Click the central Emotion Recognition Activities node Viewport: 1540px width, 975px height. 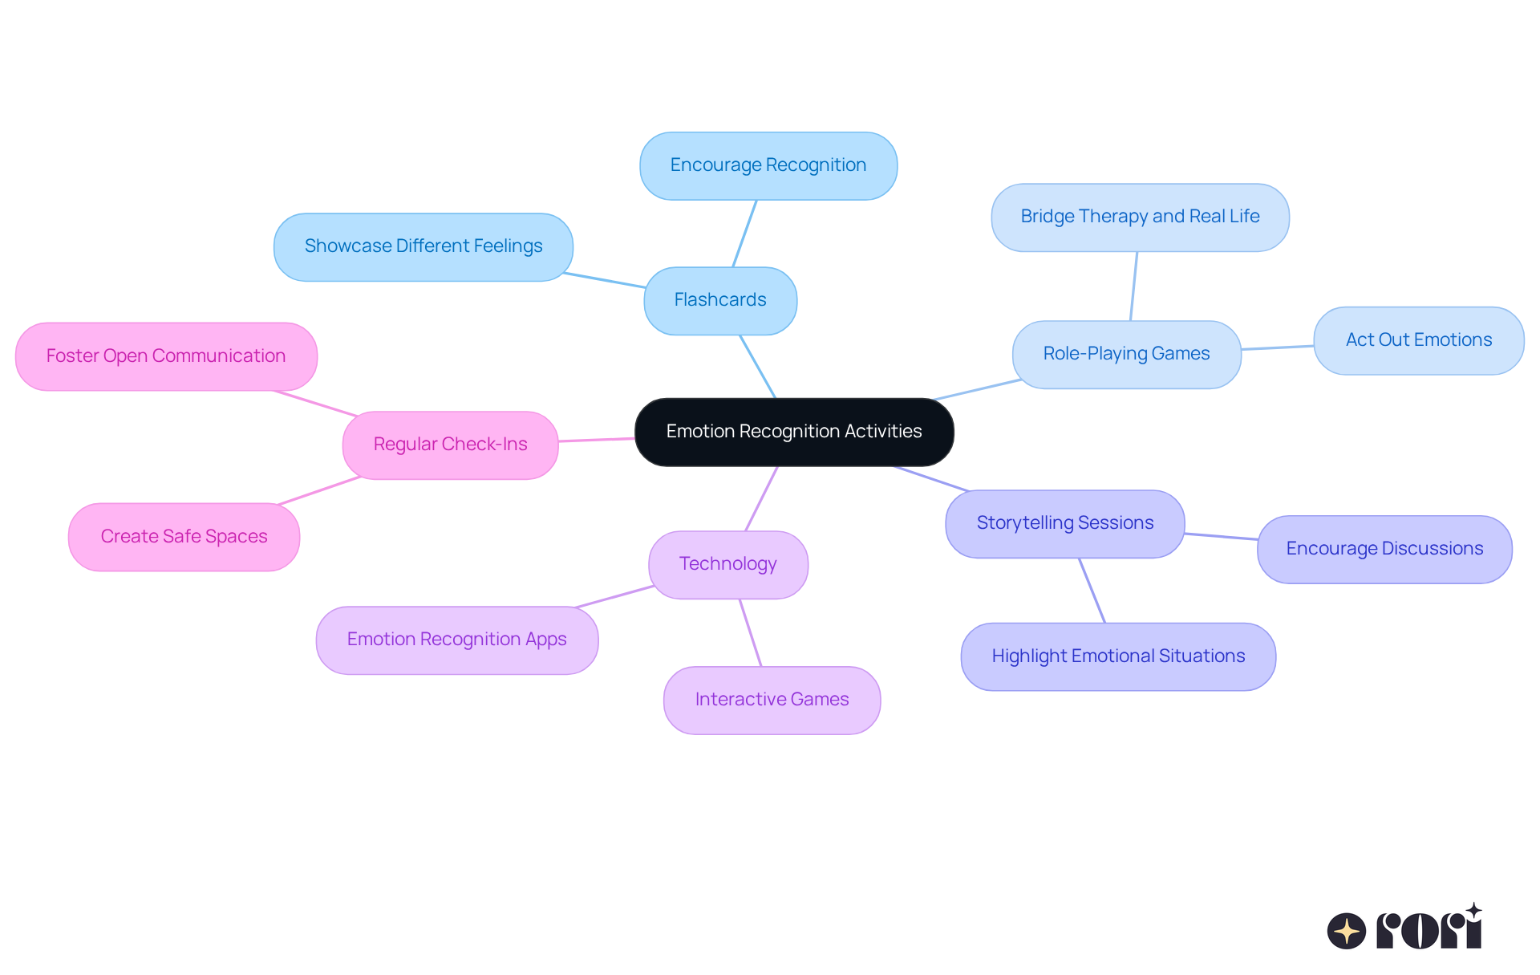pos(794,432)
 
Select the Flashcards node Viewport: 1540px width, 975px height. pos(720,300)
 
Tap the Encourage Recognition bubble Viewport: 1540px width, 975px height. pos(768,165)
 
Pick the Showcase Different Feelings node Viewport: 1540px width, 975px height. pos(423,246)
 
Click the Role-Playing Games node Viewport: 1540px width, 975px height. pos(1126,354)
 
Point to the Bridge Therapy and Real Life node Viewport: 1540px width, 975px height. pos(1140,217)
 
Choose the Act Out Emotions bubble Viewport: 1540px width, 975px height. pos(1418,340)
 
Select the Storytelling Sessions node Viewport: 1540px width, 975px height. pos(1064,523)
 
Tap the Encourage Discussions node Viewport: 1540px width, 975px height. pos(1384,549)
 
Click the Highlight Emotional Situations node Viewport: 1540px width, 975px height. pos(1118,656)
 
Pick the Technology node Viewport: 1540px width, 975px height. pos(727,564)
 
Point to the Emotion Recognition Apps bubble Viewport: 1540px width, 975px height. pos(456,640)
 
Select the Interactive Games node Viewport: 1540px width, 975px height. pos(772,700)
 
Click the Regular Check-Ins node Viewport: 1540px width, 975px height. pos(450,445)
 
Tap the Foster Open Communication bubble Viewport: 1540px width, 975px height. pos(166,356)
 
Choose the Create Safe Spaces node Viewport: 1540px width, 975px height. pos(184,537)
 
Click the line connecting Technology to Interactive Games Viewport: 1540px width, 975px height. pos(750,632)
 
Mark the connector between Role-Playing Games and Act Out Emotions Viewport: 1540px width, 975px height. pos(1277,347)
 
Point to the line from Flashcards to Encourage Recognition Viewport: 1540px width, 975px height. pos(744,234)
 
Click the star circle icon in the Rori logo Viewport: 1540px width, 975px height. pos(1346,931)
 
